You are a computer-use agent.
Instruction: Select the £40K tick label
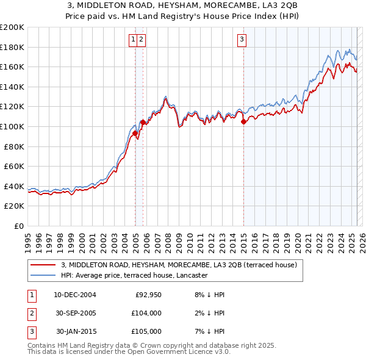point(14,186)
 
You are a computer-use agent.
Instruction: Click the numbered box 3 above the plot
point(242,40)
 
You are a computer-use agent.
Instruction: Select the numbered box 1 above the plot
point(133,40)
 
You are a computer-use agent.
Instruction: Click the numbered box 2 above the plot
point(141,40)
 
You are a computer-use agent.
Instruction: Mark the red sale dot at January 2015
point(243,122)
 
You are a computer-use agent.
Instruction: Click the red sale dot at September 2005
point(143,123)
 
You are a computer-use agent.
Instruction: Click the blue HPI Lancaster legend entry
point(134,276)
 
